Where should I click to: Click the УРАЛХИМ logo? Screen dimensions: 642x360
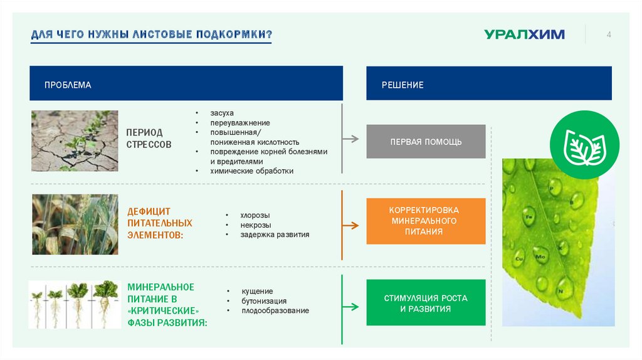pyautogui.click(x=524, y=34)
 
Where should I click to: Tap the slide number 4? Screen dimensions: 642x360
pyautogui.click(x=608, y=34)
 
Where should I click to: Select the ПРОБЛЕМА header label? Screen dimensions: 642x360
pyautogui.click(x=68, y=85)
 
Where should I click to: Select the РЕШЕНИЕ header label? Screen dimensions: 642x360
pyautogui.click(x=403, y=85)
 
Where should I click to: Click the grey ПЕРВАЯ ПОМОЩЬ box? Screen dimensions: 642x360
pyautogui.click(x=426, y=142)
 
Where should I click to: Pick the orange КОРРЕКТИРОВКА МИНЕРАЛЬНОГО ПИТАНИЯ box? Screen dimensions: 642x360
pyautogui.click(x=426, y=221)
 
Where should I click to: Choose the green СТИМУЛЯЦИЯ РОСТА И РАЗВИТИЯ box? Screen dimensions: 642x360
pyautogui.click(x=426, y=304)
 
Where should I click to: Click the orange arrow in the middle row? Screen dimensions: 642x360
pyautogui.click(x=350, y=225)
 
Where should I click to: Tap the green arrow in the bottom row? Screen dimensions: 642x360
pyautogui.click(x=350, y=307)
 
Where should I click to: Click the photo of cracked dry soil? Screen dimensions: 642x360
pyautogui.click(x=75, y=141)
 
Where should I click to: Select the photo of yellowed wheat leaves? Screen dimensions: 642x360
pyautogui.click(x=75, y=224)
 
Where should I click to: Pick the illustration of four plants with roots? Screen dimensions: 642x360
pyautogui.click(x=75, y=305)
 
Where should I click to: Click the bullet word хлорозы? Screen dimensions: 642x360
pyautogui.click(x=255, y=215)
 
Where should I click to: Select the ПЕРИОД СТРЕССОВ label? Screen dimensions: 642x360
pyautogui.click(x=149, y=138)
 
